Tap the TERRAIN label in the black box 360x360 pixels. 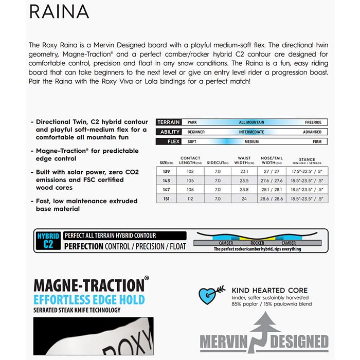pos(169,122)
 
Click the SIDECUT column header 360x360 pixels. pos(218,161)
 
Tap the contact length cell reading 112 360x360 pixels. pos(191,199)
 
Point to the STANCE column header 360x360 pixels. pos(308,160)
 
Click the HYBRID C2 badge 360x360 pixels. pos(49,241)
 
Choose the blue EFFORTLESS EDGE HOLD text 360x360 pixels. pos(89,299)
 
